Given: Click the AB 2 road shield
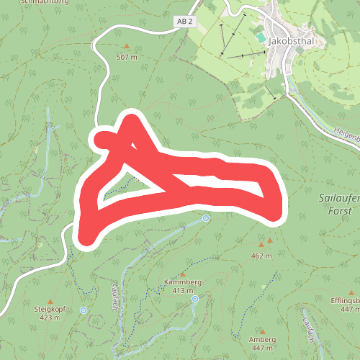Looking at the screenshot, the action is click(185, 22).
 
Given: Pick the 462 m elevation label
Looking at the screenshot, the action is click(261, 256).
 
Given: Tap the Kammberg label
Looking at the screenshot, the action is click(183, 282).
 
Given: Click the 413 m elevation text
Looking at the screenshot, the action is click(183, 291).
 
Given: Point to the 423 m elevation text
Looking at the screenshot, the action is click(50, 317).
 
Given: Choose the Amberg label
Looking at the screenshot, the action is click(261, 339).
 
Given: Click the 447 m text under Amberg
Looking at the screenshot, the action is click(261, 348).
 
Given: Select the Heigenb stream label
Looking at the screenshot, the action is click(346, 135).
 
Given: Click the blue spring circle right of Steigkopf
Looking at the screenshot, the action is click(84, 310).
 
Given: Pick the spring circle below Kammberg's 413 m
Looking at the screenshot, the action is click(194, 299).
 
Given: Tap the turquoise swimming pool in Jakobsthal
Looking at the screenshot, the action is click(260, 36).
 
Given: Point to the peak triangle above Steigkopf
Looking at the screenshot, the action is click(50, 300).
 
